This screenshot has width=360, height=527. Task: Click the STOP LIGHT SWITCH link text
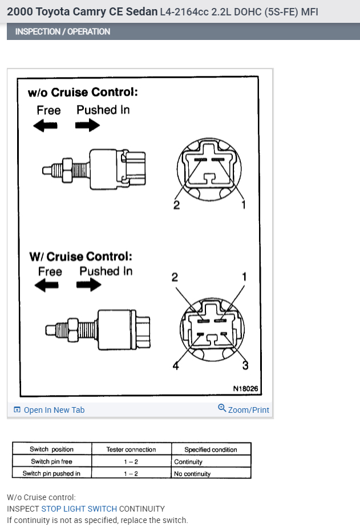click(x=79, y=509)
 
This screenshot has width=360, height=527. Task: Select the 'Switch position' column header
click(x=52, y=449)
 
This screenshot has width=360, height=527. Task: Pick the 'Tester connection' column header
click(x=131, y=449)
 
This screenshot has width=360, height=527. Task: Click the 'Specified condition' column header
click(x=211, y=449)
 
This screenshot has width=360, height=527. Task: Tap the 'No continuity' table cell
click(x=192, y=473)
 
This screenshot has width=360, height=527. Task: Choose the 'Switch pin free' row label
click(x=51, y=461)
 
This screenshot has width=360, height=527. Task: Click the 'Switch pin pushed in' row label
click(x=51, y=473)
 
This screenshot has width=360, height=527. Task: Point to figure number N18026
click(x=245, y=389)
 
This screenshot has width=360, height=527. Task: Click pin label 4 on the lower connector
click(x=176, y=366)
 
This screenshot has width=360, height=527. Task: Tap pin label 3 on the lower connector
click(x=245, y=365)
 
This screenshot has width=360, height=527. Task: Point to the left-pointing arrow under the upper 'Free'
click(x=46, y=126)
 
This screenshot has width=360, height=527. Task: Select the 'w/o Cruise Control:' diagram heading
click(x=83, y=92)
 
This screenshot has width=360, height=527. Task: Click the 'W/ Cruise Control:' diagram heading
click(x=80, y=256)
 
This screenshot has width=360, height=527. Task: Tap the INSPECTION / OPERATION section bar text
click(x=63, y=31)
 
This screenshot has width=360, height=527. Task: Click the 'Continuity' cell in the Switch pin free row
click(x=188, y=461)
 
